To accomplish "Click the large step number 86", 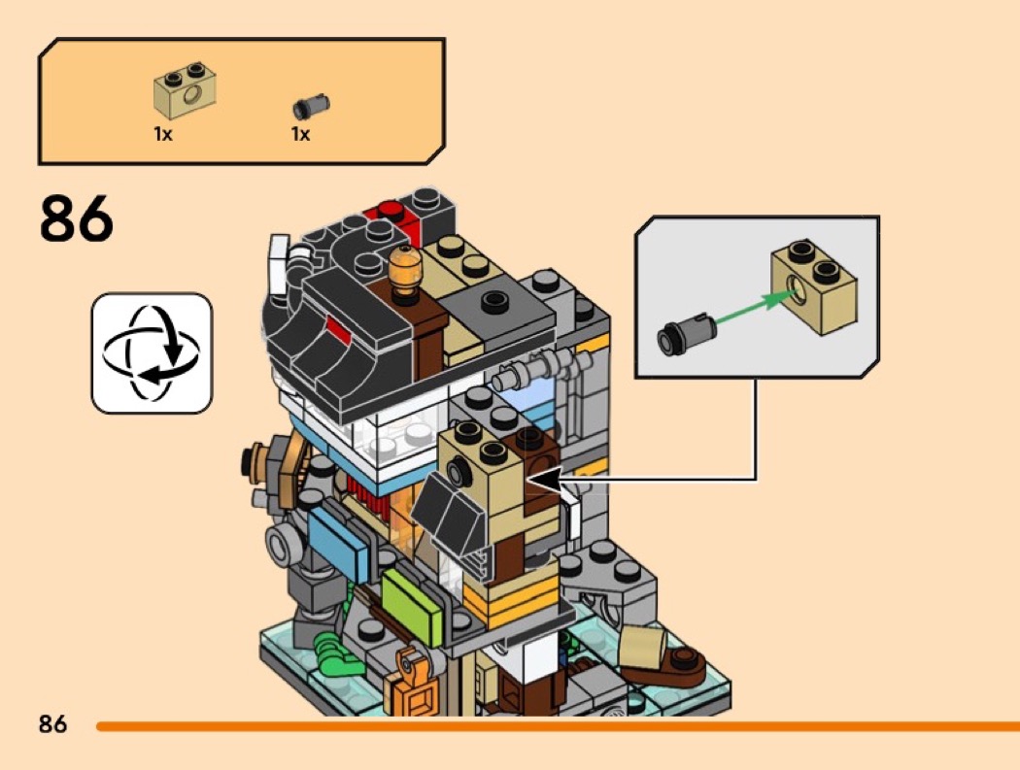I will point(77,218).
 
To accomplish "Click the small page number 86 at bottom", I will point(53,724).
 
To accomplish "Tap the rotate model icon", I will point(151,353).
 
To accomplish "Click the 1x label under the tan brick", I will point(163,134).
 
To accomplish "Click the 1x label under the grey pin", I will point(300,134).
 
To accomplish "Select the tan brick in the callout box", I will point(814,286).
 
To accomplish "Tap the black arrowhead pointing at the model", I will point(542,479).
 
